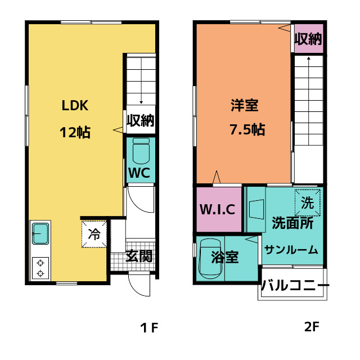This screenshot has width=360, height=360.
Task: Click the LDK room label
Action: [75, 105]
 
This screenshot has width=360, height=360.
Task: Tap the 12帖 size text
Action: [75, 133]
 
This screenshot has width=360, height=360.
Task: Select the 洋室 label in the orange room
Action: [244, 105]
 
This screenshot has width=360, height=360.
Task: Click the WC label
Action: [138, 173]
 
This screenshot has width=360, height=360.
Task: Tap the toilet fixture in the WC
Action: [141, 150]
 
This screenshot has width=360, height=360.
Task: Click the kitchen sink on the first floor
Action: [41, 233]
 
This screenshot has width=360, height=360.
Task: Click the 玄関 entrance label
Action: [138, 256]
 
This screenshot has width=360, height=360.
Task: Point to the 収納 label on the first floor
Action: [140, 120]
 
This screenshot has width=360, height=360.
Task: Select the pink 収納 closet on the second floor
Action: [308, 39]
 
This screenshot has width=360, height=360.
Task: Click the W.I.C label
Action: [218, 209]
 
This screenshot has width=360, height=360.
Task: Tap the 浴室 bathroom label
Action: [225, 258]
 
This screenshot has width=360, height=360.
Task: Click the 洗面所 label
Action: [292, 223]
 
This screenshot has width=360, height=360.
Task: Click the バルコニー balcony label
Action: [295, 285]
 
